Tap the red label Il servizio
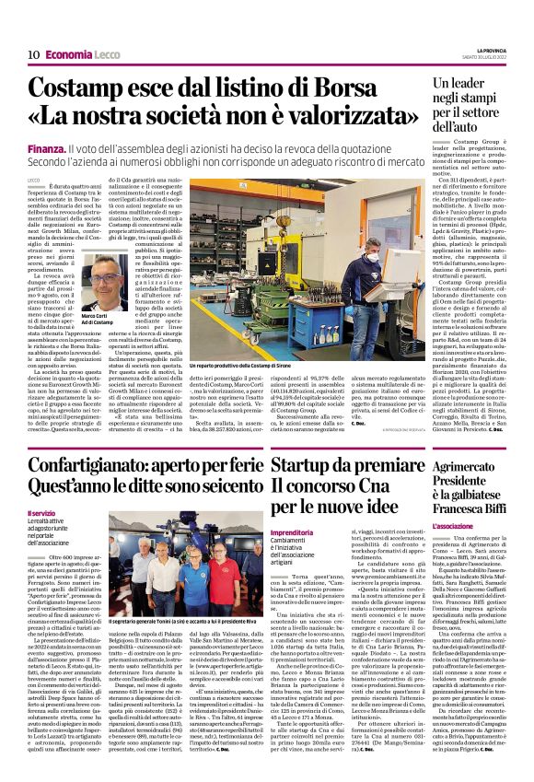42,512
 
